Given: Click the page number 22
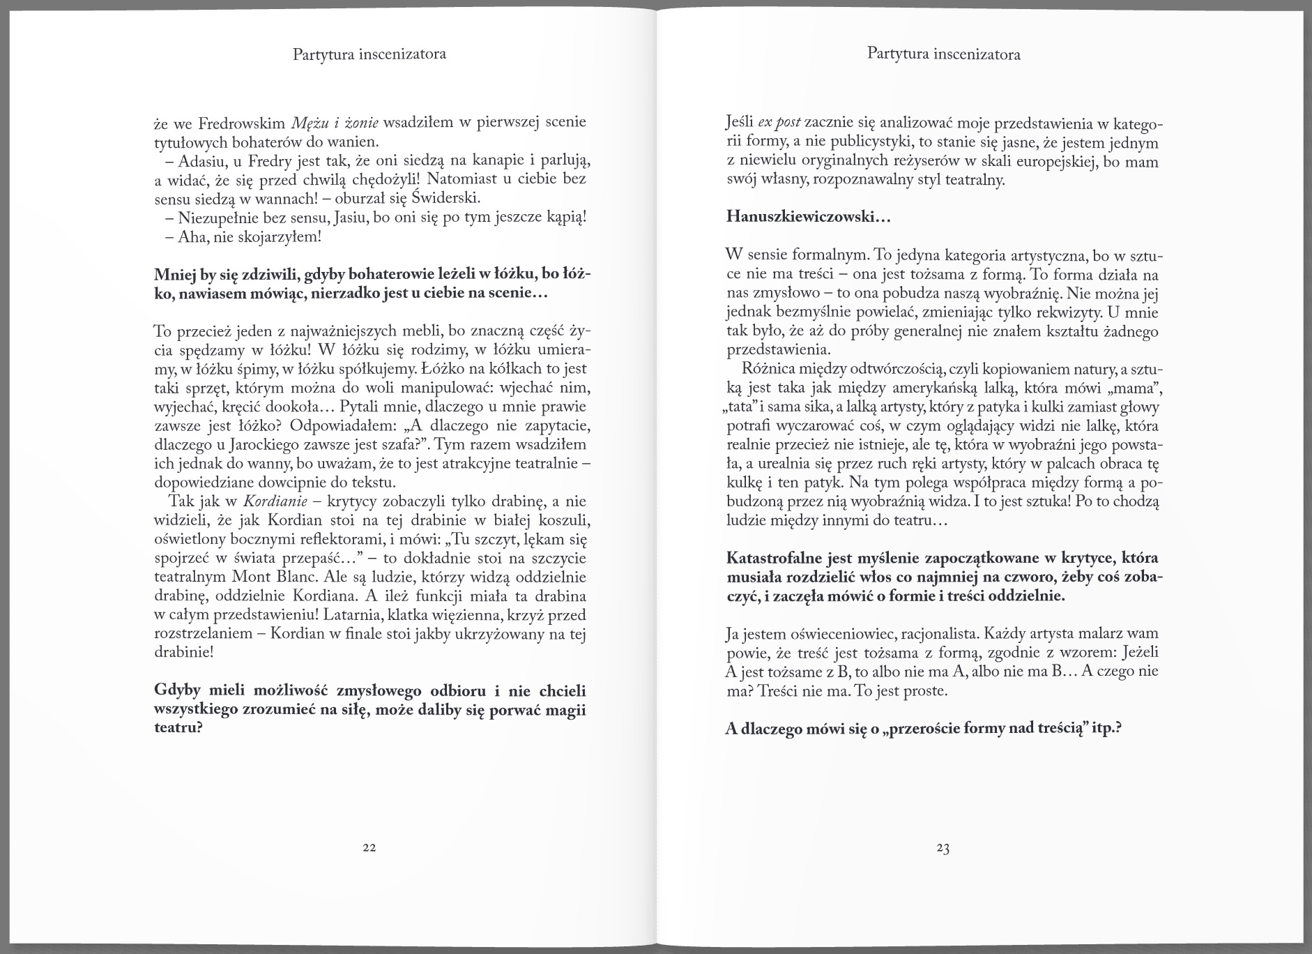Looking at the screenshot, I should pyautogui.click(x=369, y=848).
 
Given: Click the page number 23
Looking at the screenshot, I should pyautogui.click(x=943, y=849).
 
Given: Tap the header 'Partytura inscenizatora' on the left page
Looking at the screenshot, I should pyautogui.click(x=369, y=54).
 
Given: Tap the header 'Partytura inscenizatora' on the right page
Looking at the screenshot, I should pyautogui.click(x=944, y=54).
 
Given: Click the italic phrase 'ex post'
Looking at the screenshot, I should pyautogui.click(x=779, y=124).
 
